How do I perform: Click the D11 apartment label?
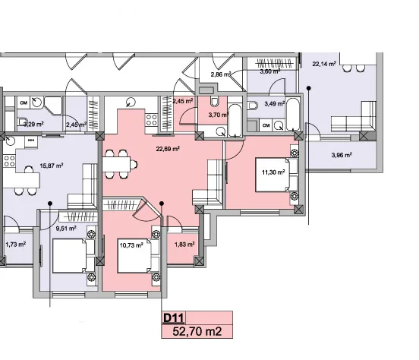pos(173,318)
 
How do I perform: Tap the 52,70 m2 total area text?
pos(197,331)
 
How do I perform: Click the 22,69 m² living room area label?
pos(168,149)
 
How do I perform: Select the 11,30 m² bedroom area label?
pos(273,172)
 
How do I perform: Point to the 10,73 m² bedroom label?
pos(131,245)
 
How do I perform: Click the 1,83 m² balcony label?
pos(184,245)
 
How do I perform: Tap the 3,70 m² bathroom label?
pos(218,115)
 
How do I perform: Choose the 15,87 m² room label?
pos(52,166)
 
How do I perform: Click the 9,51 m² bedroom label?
pos(66,229)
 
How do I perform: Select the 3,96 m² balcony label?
pos(342,155)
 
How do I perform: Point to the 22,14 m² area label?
pos(324,64)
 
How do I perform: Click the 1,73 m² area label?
pos(15,245)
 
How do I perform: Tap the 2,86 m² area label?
pos(221,74)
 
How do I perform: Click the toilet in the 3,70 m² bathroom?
pos(214,101)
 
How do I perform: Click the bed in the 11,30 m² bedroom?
pos(276,175)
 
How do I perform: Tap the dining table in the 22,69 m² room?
pos(116,164)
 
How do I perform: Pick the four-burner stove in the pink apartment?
pos(151,119)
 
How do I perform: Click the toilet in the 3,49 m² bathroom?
pos(252,105)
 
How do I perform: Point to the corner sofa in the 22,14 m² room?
pos(353,120)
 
